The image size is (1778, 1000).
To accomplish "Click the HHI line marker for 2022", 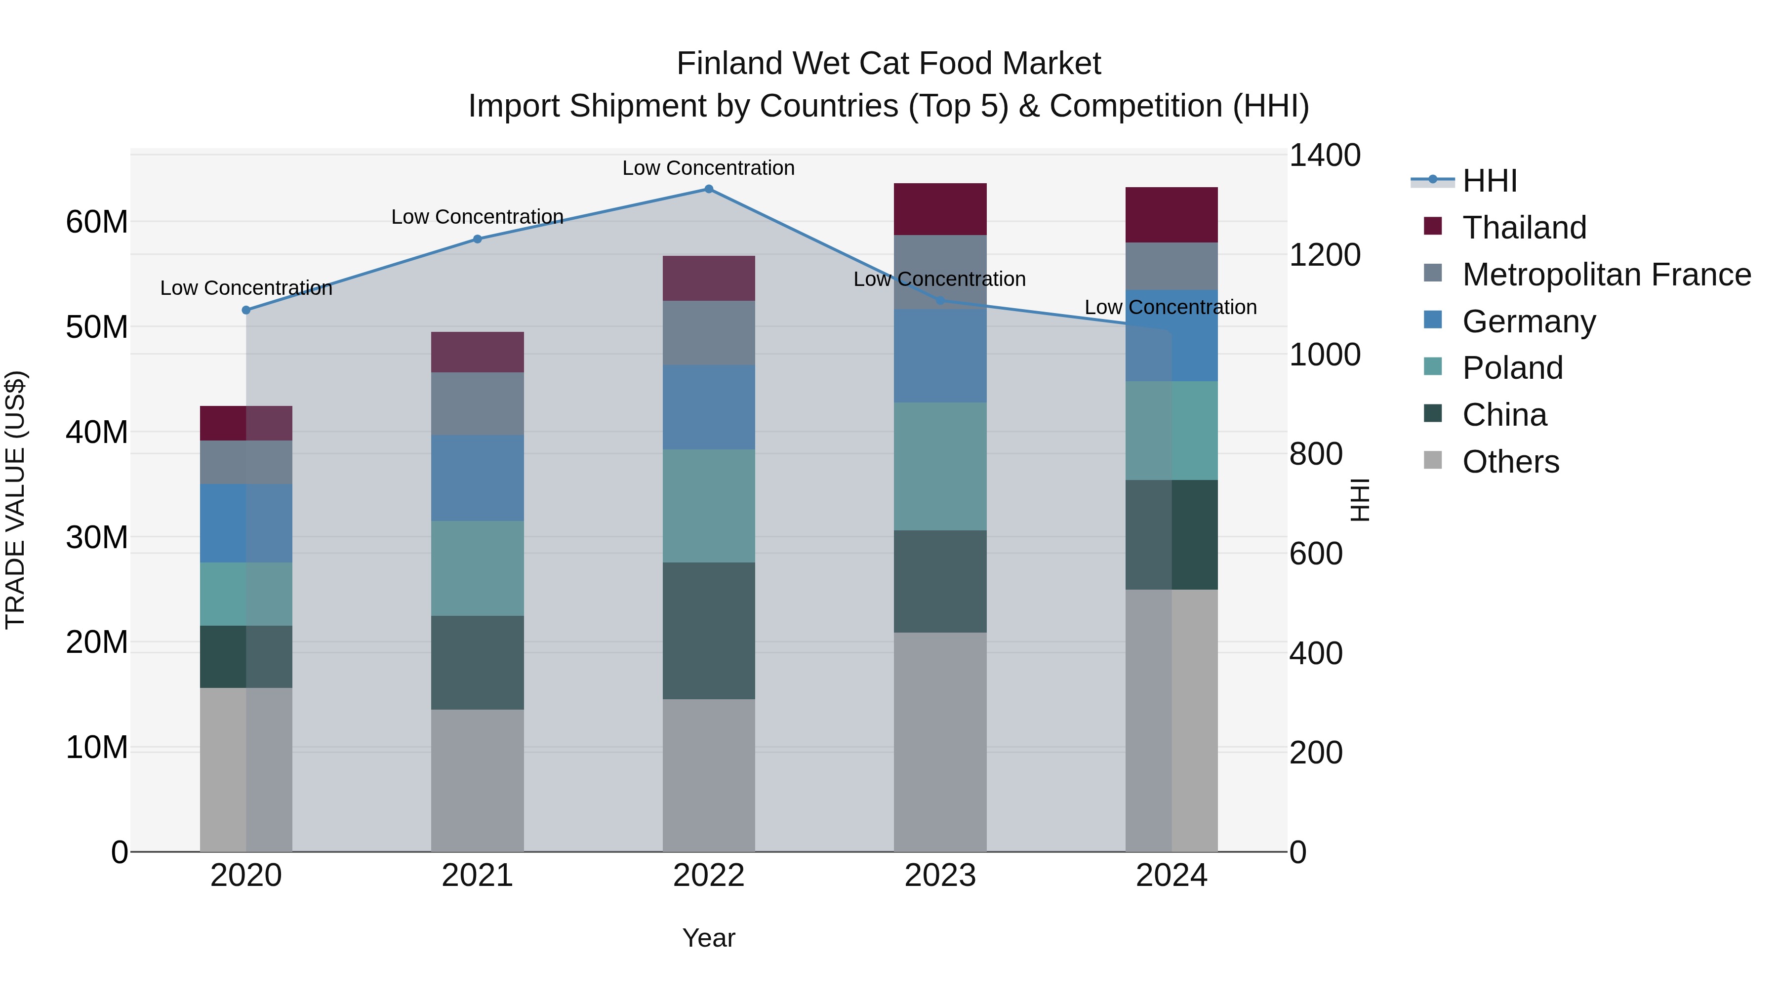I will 708,189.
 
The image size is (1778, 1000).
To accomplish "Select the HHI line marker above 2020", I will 246,310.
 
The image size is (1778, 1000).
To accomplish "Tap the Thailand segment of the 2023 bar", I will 939,209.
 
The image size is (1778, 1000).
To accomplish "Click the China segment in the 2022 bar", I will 708,630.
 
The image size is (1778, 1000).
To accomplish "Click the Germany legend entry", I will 1528,321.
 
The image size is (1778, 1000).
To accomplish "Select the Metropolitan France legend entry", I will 1606,274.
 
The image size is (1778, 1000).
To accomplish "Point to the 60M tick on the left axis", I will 97,222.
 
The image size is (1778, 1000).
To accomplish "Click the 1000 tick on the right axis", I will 1324,354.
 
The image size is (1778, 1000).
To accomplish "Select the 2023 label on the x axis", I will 939,876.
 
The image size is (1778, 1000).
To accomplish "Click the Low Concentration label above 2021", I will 477,217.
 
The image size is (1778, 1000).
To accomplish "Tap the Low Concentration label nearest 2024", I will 1170,307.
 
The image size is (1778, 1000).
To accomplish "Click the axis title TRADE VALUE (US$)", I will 15,500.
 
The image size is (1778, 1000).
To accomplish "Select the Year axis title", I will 708,938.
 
